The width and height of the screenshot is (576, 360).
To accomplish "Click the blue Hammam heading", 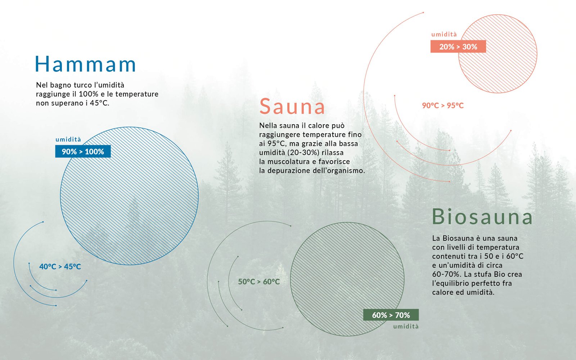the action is point(85,64).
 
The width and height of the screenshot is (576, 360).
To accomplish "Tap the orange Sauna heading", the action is point(292,106).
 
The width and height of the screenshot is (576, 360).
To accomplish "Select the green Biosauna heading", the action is point(482,216).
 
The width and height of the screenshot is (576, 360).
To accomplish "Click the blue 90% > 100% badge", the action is point(83,152).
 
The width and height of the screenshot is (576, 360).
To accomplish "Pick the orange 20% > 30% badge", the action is point(458,46).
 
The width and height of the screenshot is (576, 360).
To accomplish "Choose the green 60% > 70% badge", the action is point(391,315).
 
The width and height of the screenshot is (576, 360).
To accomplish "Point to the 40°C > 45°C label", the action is point(60,266).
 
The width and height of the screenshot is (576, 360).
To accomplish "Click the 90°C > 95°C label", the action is point(443,105).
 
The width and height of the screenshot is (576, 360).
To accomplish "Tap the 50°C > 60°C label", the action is point(259,282).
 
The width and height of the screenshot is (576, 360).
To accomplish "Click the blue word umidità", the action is point(68,139).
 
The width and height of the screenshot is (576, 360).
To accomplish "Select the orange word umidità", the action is point(444,35).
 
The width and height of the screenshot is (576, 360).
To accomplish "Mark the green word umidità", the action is point(406,326).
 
